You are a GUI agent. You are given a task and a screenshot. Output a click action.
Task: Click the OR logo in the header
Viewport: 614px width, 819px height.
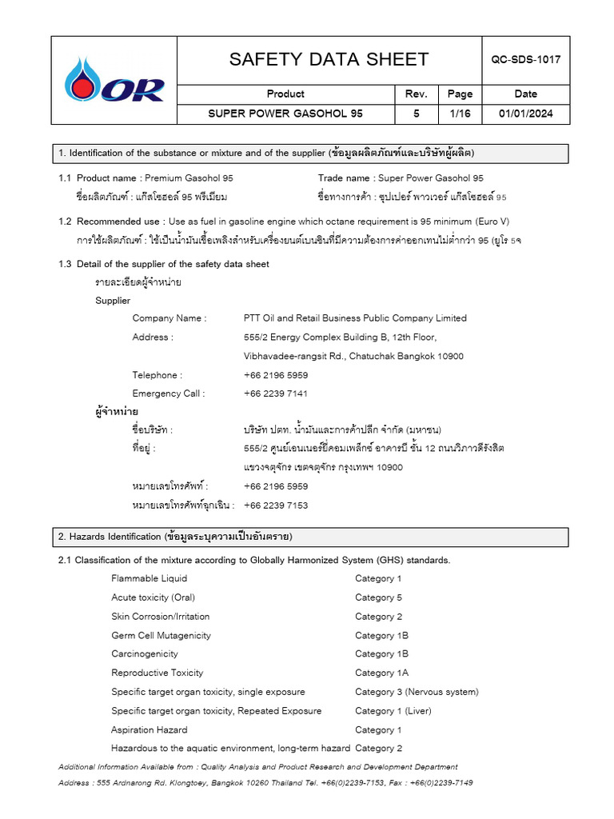(114, 81)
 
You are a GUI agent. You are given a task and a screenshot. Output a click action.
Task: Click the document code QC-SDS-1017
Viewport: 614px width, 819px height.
(526, 60)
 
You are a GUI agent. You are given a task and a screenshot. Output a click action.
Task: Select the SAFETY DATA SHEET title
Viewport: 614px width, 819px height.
(329, 60)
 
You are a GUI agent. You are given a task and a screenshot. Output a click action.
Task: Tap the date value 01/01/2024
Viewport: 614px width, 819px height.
(526, 114)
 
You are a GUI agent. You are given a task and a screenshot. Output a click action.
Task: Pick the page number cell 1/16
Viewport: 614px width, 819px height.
(460, 114)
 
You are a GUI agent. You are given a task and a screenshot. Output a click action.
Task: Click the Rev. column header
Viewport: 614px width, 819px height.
(417, 94)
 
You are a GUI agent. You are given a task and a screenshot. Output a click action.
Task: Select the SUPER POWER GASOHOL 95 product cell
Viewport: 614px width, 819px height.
(285, 114)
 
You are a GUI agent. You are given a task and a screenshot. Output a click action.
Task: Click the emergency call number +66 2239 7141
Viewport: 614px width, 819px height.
(276, 394)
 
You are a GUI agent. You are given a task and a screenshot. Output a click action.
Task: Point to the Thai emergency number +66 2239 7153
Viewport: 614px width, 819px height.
(276, 505)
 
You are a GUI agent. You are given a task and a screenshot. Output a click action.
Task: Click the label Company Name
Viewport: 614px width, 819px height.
(169, 318)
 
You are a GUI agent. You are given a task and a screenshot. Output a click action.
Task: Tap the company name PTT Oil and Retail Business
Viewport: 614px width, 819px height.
(355, 318)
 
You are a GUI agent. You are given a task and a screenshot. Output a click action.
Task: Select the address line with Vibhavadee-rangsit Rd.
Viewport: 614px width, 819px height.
(353, 357)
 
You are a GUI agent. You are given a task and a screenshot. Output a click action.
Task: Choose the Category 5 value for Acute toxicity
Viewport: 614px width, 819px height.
(378, 597)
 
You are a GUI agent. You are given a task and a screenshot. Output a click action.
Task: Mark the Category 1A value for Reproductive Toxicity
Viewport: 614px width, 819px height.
(381, 673)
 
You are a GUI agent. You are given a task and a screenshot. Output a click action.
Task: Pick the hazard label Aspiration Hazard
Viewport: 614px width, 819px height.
(150, 730)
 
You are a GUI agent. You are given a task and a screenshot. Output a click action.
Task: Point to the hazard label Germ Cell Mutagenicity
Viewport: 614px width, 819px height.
(161, 636)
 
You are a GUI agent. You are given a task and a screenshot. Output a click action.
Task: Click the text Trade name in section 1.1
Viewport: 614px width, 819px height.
(344, 178)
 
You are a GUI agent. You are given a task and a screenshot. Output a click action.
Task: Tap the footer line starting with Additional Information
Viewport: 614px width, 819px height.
(257, 767)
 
